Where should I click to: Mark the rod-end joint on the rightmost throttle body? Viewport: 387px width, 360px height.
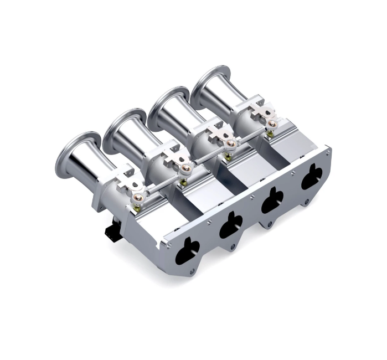pyautogui.click(x=271, y=124)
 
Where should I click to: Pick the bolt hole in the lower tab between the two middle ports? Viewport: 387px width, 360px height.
pyautogui.click(x=269, y=224)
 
